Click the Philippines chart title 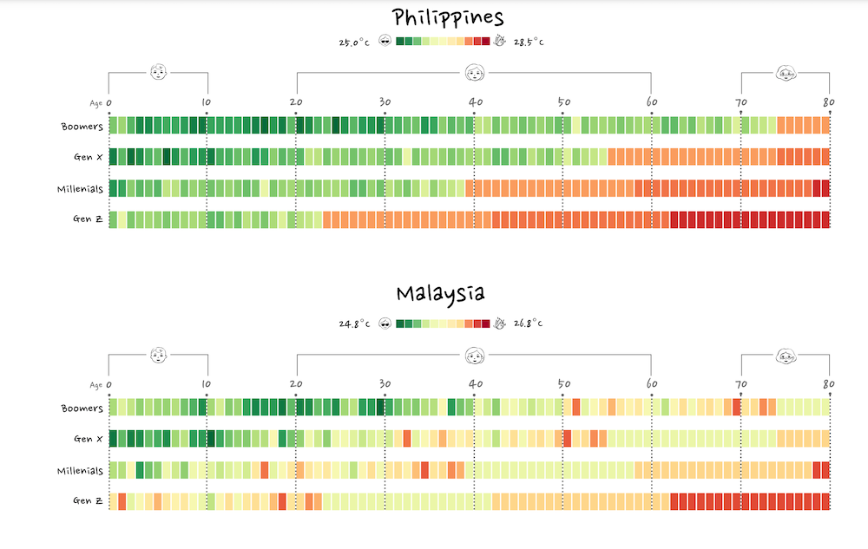(448, 17)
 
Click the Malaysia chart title (440, 293)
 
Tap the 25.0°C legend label (354, 42)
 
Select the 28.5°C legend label (528, 42)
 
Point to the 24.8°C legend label (354, 324)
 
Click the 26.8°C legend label (528, 324)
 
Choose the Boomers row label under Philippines (82, 127)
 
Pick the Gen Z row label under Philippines (89, 219)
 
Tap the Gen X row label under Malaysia (89, 439)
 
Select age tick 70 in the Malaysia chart (740, 384)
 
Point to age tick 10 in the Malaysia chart (206, 384)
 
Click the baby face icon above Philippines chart (158, 72)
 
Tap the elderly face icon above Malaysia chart (786, 355)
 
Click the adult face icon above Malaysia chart (475, 355)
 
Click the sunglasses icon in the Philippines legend (385, 42)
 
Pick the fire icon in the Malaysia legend (499, 324)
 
